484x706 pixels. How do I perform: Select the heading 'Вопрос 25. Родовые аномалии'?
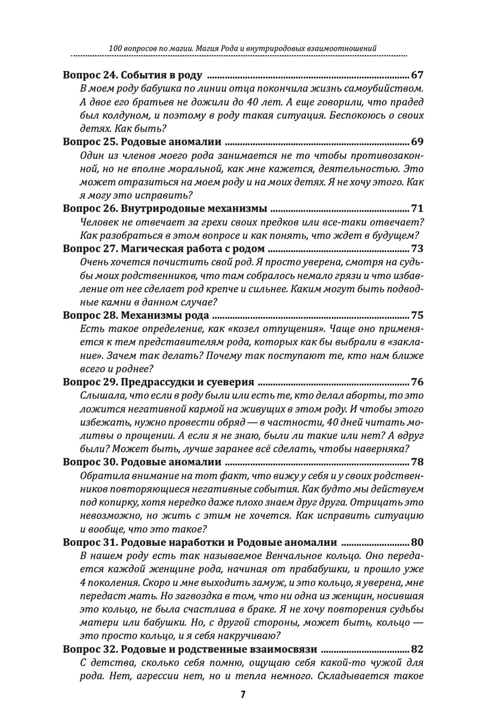tap(142, 142)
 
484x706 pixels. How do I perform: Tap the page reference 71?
tap(417, 209)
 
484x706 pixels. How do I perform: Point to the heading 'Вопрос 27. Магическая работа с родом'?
tap(164, 249)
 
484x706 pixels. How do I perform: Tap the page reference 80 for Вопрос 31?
tap(417, 542)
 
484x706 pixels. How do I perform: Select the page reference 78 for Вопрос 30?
tap(417, 462)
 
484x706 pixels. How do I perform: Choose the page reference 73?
tap(417, 249)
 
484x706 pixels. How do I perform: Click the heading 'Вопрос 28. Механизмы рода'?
tap(136, 315)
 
